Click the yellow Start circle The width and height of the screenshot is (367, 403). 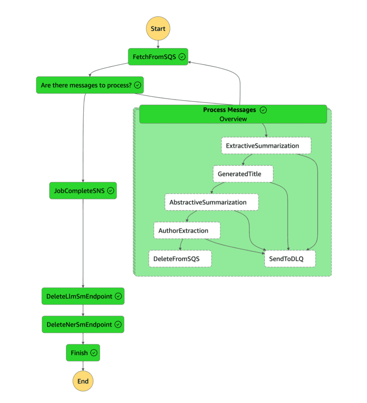pyautogui.click(x=158, y=29)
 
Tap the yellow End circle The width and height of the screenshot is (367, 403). pyautogui.click(x=83, y=381)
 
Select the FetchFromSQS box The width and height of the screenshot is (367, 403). pyautogui.click(x=158, y=57)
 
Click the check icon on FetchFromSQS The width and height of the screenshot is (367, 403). pyautogui.click(x=182, y=57)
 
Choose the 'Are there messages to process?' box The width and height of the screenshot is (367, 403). pyautogui.click(x=90, y=85)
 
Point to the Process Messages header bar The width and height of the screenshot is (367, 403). pyautogui.click(x=233, y=114)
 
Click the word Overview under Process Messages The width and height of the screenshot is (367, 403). pyautogui.click(x=233, y=119)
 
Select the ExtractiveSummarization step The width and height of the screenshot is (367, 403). pyautogui.click(x=266, y=146)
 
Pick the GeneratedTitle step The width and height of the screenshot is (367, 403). pyautogui.click(x=243, y=174)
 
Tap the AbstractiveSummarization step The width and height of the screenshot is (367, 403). pyautogui.click(x=211, y=202)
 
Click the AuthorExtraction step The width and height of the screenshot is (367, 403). pyautogui.click(x=186, y=231)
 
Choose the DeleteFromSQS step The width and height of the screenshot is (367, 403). pyautogui.click(x=180, y=259)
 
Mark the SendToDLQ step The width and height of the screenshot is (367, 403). pyautogui.click(x=290, y=259)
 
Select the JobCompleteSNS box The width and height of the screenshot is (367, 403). pyautogui.click(x=83, y=190)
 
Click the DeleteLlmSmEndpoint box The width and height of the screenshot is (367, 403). pyautogui.click(x=83, y=296)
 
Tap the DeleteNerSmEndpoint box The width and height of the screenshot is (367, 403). pyautogui.click(x=83, y=325)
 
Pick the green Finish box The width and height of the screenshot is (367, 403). pyautogui.click(x=83, y=353)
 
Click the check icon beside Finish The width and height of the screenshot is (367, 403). pyautogui.click(x=94, y=353)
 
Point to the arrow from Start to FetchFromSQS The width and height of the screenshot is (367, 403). pyautogui.click(x=158, y=44)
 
